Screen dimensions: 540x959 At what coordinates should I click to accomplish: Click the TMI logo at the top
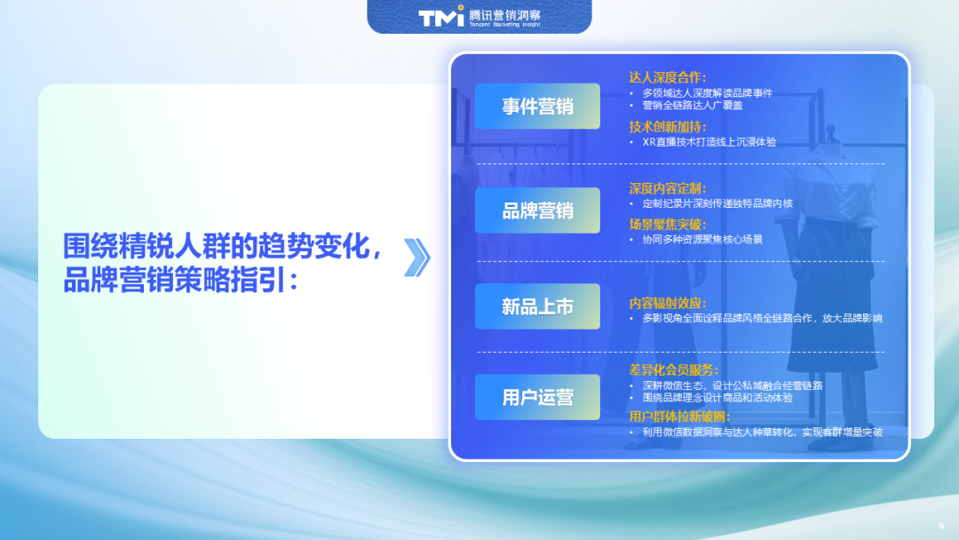pyautogui.click(x=441, y=17)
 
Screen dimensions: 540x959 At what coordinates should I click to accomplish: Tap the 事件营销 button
pyautogui.click(x=537, y=107)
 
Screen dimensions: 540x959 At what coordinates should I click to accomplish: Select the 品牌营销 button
pyautogui.click(x=537, y=210)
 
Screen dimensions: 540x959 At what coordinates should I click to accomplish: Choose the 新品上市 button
pyautogui.click(x=537, y=306)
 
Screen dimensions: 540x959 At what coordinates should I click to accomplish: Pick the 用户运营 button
pyautogui.click(x=537, y=397)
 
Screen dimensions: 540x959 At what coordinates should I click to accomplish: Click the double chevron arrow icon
pyautogui.click(x=416, y=258)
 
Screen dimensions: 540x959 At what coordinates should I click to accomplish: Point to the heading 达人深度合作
pyautogui.click(x=668, y=77)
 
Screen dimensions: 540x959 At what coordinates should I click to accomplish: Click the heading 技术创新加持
pyautogui.click(x=668, y=126)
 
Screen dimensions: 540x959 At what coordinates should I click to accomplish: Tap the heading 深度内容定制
pyautogui.click(x=668, y=188)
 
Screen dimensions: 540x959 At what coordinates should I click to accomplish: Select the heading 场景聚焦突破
pyautogui.click(x=668, y=224)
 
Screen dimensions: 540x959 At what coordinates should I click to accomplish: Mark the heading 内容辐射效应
pyautogui.click(x=668, y=303)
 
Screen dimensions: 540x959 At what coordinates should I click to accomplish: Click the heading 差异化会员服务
pyautogui.click(x=674, y=369)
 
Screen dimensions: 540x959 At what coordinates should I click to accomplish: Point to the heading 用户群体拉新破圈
pyautogui.click(x=679, y=417)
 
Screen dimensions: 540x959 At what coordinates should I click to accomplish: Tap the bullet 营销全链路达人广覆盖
pyautogui.click(x=692, y=105)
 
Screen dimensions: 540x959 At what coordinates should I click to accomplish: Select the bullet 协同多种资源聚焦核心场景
pyautogui.click(x=701, y=239)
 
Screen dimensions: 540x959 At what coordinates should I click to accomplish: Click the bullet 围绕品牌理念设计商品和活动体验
pyautogui.click(x=717, y=397)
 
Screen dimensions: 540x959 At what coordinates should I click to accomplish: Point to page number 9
pyautogui.click(x=941, y=524)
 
